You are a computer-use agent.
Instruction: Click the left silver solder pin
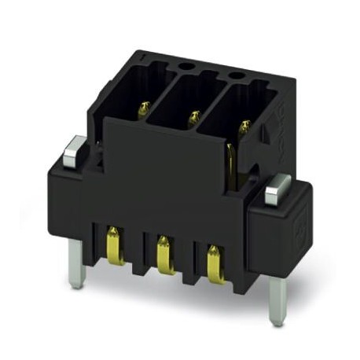(x=75, y=263)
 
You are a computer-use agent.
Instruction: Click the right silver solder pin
(x=277, y=300)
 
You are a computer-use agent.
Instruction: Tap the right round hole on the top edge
(x=234, y=76)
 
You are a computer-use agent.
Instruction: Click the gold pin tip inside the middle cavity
(x=193, y=119)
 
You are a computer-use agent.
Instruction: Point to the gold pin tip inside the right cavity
(x=244, y=126)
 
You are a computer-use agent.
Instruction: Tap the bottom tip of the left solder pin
(x=75, y=285)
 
